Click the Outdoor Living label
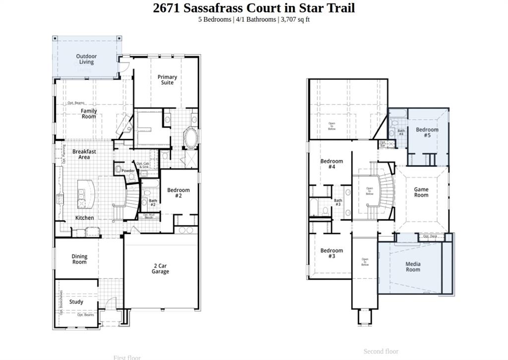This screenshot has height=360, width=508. point(86,59)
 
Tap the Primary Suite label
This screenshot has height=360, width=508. point(167,79)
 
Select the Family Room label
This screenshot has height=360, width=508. point(89,114)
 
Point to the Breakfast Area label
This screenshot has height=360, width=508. point(84,154)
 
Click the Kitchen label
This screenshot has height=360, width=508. point(84,218)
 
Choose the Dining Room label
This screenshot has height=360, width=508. point(79,259)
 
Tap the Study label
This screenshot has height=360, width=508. point(76,302)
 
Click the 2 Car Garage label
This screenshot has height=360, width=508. point(160,269)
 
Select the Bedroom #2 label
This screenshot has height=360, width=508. point(178,193)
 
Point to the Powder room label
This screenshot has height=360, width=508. point(128,171)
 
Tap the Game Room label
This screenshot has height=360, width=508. point(421,192)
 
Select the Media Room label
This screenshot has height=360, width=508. point(413,267)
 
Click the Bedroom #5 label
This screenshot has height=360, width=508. point(427,132)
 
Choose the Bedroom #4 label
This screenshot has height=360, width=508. point(331,164)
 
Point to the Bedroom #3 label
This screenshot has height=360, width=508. point(331,253)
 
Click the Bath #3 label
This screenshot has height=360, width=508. point(338,202)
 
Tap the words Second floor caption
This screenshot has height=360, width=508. point(381,352)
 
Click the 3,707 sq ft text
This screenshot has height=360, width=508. point(295,19)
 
